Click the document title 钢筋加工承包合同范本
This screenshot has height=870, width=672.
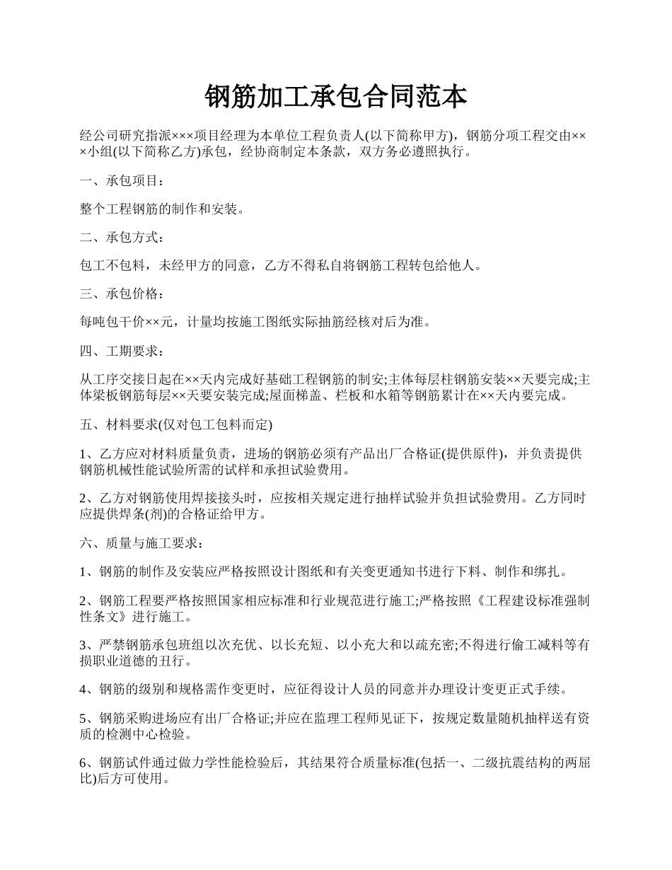[x=335, y=96]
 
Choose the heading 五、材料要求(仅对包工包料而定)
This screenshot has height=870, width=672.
[x=176, y=425]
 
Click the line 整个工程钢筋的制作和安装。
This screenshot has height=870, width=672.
[x=163, y=210]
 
